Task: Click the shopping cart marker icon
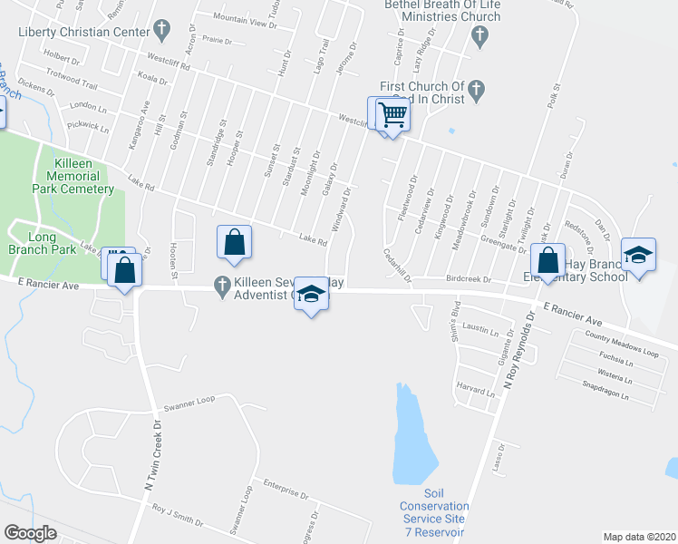(393, 115)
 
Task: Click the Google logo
(30, 533)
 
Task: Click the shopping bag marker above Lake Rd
(234, 242)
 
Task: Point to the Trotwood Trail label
(75, 78)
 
